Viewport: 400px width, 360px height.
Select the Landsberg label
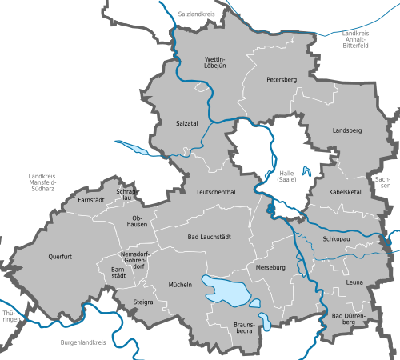pyautogui.click(x=346, y=130)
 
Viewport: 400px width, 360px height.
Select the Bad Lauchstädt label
pyautogui.click(x=209, y=238)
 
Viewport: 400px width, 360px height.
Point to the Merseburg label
pyautogui.click(x=271, y=267)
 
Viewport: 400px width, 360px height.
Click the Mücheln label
pyautogui.click(x=180, y=284)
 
